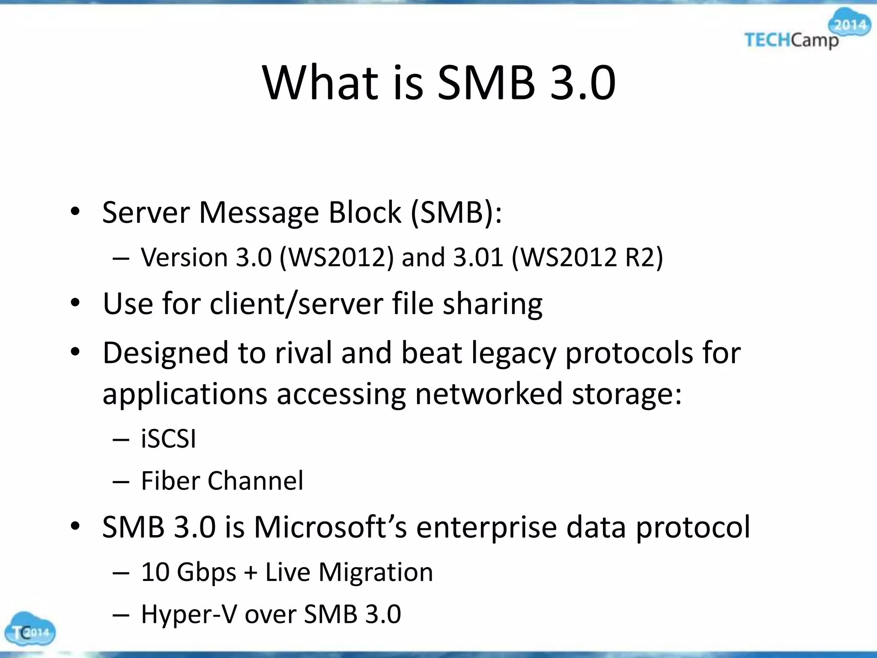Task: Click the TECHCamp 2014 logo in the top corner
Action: pyautogui.click(x=805, y=32)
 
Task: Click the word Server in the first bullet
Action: pyautogui.click(x=146, y=212)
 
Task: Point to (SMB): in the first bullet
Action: pyautogui.click(x=456, y=212)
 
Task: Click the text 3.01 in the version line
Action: pyautogui.click(x=478, y=258)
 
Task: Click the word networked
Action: pyautogui.click(x=489, y=394)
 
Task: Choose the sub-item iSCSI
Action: pyautogui.click(x=168, y=439)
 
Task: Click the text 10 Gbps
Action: pyautogui.click(x=188, y=573)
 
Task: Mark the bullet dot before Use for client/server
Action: pyautogui.click(x=75, y=304)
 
